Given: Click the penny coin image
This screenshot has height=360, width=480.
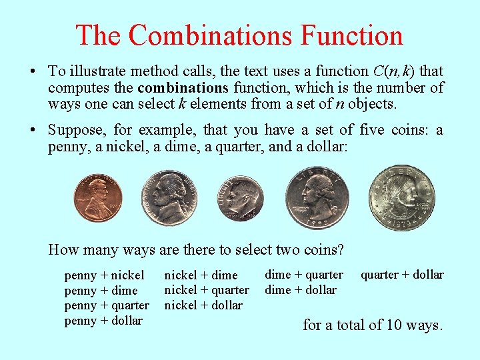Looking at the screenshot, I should click(98, 198).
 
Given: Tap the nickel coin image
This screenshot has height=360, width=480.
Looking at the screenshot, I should click(171, 198).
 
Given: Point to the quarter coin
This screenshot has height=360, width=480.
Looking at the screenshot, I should click(317, 197).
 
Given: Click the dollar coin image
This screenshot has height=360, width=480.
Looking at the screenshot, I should click(402, 198).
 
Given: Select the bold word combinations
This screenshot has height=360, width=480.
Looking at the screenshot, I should click(183, 88).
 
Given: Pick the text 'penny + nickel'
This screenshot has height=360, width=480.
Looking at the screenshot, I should click(104, 275).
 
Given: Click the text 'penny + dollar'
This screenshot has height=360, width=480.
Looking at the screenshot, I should click(103, 321).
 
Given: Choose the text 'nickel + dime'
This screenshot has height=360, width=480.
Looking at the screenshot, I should click(201, 275).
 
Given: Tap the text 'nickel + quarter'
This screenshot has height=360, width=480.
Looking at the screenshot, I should click(207, 290).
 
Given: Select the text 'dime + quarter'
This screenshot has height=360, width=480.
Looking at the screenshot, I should click(304, 275).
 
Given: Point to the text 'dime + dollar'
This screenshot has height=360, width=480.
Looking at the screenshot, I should click(301, 290).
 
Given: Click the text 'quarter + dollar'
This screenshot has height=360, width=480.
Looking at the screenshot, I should click(402, 275).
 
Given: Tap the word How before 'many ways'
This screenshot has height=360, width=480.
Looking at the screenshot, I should click(63, 250).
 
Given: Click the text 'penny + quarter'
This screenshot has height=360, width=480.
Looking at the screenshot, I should click(107, 305).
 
